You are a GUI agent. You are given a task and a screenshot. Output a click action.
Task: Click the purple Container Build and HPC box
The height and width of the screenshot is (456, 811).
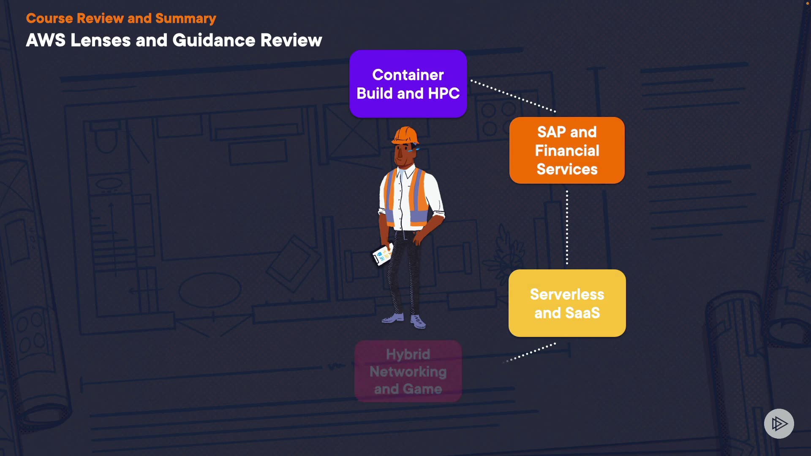click(x=408, y=84)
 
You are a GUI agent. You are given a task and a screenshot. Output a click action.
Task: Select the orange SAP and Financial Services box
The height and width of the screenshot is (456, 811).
click(x=567, y=150)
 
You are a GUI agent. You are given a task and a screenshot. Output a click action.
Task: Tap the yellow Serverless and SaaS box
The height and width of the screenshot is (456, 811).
click(x=567, y=303)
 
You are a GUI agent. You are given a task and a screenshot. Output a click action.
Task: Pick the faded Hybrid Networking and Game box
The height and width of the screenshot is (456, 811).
click(x=408, y=371)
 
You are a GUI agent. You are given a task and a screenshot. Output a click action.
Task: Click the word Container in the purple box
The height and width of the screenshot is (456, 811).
click(x=408, y=75)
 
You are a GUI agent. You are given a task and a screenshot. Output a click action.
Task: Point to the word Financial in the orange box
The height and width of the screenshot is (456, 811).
click(x=567, y=150)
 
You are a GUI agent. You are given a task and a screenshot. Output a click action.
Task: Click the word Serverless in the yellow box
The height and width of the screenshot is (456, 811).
click(x=567, y=294)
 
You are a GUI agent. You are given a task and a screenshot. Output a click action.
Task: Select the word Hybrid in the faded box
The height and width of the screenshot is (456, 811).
click(x=408, y=354)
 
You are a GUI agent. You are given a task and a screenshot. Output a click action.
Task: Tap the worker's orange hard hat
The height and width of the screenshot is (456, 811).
click(x=405, y=135)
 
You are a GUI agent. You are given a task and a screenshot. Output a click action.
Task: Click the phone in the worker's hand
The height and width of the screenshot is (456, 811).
click(x=383, y=255)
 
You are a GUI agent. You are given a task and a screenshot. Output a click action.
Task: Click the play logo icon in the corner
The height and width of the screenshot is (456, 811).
click(x=779, y=423)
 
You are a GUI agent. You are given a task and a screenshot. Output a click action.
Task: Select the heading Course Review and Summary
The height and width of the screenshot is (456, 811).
click(x=121, y=18)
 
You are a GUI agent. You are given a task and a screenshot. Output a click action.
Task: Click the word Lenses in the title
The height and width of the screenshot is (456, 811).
click(x=101, y=40)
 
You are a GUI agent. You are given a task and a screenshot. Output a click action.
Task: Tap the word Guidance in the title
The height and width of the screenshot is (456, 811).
click(x=214, y=40)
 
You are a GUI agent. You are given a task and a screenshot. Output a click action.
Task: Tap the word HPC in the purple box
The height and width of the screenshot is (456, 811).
click(x=444, y=93)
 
